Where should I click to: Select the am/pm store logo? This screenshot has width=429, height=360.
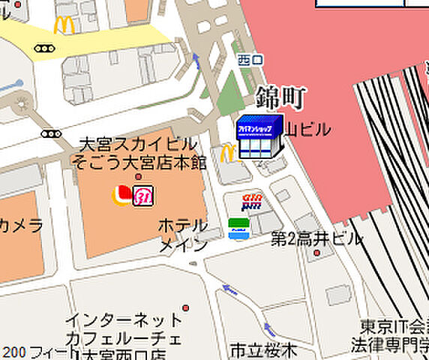click(252, 201)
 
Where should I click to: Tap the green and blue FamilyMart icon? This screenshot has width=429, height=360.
click(239, 229)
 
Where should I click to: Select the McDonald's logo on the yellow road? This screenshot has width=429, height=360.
click(64, 25)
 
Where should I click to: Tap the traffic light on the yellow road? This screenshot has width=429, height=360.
click(44, 49)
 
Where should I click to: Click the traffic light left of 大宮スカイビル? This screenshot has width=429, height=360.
click(51, 134)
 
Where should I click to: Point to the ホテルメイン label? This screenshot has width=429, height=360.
click(182, 235)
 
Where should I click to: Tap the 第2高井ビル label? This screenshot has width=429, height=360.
click(316, 239)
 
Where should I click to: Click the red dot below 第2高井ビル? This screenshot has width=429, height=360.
click(317, 253)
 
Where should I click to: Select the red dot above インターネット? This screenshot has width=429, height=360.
click(185, 307)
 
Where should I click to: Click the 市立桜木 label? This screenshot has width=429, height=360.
click(263, 350)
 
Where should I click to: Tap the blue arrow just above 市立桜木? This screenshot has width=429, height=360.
click(268, 328)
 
